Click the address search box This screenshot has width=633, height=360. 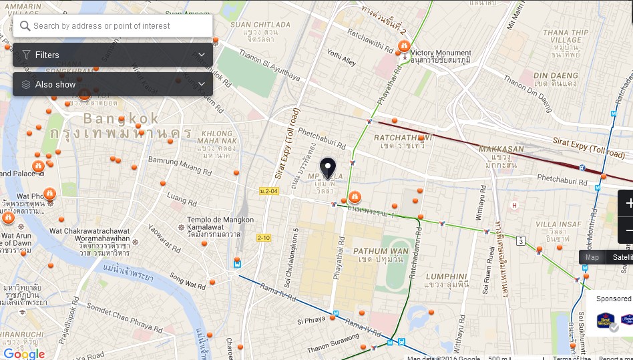114,26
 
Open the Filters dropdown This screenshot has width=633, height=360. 112,55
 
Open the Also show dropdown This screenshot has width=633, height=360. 112,84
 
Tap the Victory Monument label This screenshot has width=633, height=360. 441,53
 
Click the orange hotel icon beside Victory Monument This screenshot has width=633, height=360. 403,46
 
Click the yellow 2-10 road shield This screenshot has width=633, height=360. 264,238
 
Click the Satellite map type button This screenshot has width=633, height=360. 622,257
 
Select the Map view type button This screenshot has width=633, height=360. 592,257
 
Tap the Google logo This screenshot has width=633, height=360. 24,353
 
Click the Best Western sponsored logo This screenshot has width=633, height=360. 605,321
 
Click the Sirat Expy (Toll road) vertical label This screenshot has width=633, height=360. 280,144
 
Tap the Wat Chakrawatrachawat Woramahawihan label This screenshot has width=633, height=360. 89,234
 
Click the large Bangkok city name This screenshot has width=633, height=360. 122,119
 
